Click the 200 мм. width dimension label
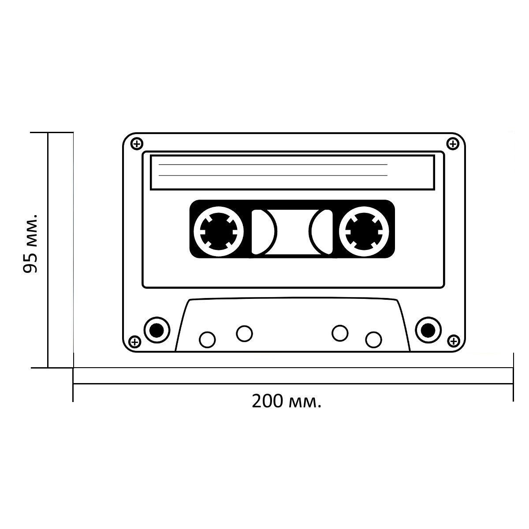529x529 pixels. tap(287, 401)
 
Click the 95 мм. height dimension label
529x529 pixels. tap(30, 244)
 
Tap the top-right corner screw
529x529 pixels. tap(453, 144)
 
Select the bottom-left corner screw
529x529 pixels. tap(135, 342)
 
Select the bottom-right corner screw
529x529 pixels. tap(454, 341)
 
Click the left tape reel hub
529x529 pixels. tap(219, 232)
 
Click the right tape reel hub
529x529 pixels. tap(364, 232)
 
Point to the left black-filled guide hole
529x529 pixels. tap(157, 330)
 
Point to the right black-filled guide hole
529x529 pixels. tap(428, 330)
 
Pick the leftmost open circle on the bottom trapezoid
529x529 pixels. tap(207, 339)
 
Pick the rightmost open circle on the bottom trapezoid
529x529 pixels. tap(373, 339)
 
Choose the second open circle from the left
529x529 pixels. tap(244, 334)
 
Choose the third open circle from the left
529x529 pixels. tap(340, 333)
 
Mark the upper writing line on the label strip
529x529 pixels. tap(273, 165)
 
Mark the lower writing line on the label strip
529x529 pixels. tap(273, 175)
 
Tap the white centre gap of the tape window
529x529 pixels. tap(293, 232)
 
